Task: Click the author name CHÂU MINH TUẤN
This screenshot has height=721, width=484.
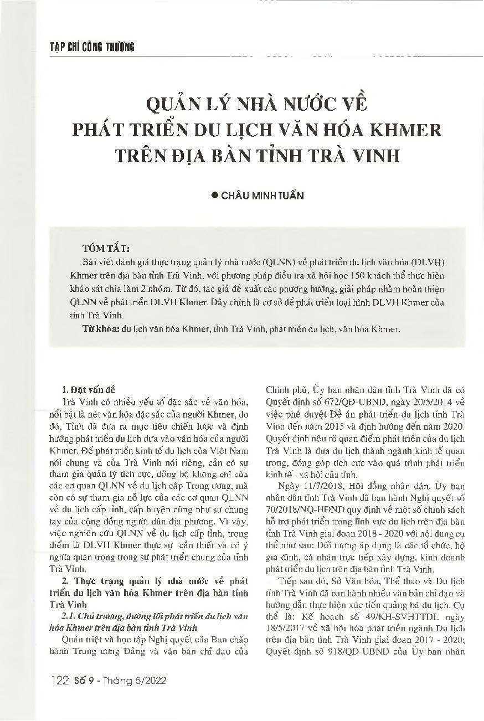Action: pyautogui.click(x=262, y=196)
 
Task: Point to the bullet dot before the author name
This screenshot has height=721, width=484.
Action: pyautogui.click(x=215, y=196)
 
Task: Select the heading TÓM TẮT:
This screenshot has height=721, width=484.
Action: pyautogui.click(x=106, y=248)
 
